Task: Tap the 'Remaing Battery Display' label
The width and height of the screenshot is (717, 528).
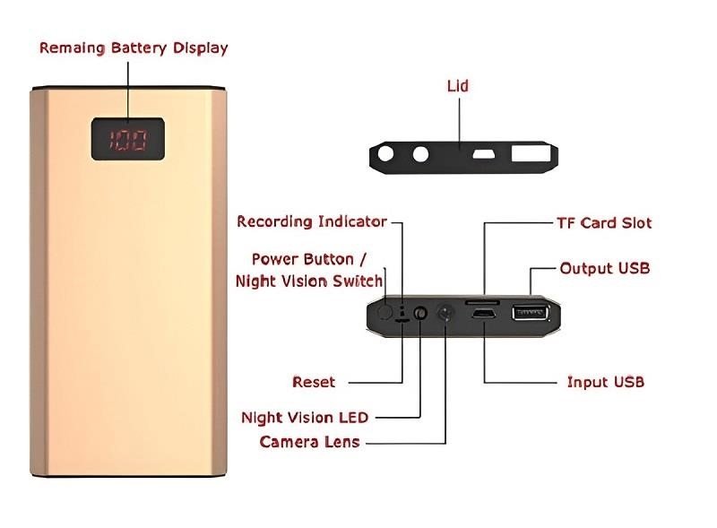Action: pyautogui.click(x=134, y=48)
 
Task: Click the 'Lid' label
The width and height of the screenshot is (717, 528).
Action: pyautogui.click(x=457, y=86)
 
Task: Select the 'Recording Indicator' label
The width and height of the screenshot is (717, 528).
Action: pyautogui.click(x=312, y=221)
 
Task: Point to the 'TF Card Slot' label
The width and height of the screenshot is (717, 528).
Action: pyautogui.click(x=604, y=222)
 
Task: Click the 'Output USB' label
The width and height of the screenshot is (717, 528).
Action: pyautogui.click(x=604, y=268)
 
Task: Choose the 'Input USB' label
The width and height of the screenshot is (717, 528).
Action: pyautogui.click(x=605, y=382)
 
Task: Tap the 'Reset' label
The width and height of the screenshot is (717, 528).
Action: pyautogui.click(x=314, y=382)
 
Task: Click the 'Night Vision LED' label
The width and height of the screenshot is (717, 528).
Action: pyautogui.click(x=305, y=417)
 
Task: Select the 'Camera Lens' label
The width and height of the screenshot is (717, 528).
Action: pyautogui.click(x=309, y=441)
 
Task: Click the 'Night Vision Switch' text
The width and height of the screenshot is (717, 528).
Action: pyautogui.click(x=309, y=281)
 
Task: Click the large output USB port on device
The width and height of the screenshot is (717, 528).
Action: pyautogui.click(x=529, y=314)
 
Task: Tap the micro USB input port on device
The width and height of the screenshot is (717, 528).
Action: pyautogui.click(x=485, y=316)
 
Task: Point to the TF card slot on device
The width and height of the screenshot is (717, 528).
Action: pyautogui.click(x=484, y=304)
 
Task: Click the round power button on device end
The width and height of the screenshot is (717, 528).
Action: pyautogui.click(x=384, y=312)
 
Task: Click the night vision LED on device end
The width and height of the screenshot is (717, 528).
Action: pyautogui.click(x=419, y=314)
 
